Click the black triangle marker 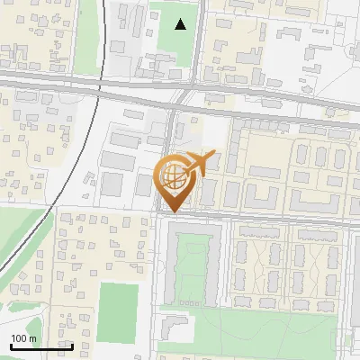181,24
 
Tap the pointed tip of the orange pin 172,211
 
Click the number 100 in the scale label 20,338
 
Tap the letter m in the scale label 32,338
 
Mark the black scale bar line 41,346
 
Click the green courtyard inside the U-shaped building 195,265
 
